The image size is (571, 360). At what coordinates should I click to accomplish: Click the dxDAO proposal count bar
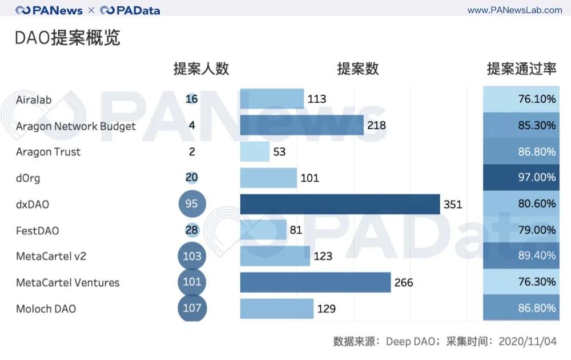tap(340, 204)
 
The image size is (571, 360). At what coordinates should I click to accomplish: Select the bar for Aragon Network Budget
tap(301, 125)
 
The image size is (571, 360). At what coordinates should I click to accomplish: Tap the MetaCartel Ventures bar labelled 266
tap(315, 282)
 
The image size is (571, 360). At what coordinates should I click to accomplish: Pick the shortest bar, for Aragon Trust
tap(255, 151)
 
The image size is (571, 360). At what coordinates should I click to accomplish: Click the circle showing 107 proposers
tap(192, 308)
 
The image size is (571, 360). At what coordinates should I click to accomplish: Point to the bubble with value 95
tap(192, 204)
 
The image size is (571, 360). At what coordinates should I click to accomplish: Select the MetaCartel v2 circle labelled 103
tap(192, 255)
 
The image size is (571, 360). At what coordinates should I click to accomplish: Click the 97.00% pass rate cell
tap(521, 178)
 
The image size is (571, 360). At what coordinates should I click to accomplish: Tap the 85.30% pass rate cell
tap(521, 125)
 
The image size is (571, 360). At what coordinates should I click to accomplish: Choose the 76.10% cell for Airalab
tap(521, 99)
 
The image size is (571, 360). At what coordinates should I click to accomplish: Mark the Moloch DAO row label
tap(46, 309)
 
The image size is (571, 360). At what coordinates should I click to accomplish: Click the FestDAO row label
tap(37, 230)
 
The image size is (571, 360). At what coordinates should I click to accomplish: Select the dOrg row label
tap(28, 178)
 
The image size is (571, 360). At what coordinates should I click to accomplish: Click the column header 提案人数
tap(201, 69)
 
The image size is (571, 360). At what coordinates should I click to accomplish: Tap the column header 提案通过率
tap(521, 69)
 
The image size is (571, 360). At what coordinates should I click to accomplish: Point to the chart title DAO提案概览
tap(67, 38)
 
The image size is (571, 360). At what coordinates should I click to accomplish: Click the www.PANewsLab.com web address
tap(514, 10)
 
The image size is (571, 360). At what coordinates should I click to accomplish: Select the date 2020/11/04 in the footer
tap(527, 341)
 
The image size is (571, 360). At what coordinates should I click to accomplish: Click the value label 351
tap(453, 204)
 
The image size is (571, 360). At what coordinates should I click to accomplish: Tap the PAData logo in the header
tap(130, 10)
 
